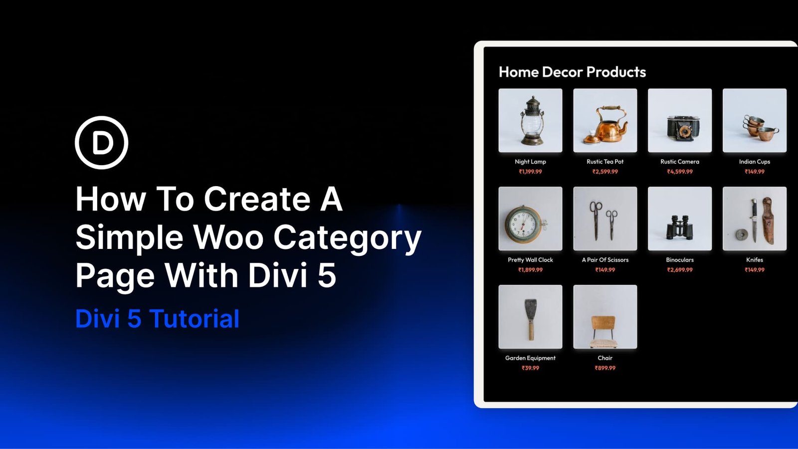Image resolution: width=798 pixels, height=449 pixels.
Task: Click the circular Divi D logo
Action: point(102,143)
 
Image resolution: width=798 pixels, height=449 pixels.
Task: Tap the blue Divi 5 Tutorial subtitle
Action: point(157,319)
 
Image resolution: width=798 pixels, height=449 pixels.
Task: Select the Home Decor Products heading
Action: point(572,72)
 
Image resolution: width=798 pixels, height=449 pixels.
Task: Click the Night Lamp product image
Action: point(530,120)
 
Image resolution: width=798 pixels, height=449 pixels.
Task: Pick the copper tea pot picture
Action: point(605,120)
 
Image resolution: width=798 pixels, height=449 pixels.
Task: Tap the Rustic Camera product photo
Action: point(680,120)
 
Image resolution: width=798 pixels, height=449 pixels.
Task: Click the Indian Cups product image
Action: point(755,120)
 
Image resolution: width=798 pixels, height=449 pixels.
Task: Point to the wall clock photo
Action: point(530,219)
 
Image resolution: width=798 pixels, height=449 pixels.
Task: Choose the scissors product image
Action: point(605,219)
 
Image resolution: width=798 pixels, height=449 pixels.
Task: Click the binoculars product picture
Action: point(680,219)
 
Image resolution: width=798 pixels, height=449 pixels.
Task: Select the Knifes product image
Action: point(755,219)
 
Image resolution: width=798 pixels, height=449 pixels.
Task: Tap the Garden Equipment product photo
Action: point(530,317)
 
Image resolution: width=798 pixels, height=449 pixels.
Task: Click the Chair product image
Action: point(605,317)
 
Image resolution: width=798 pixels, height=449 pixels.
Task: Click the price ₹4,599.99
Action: point(680,172)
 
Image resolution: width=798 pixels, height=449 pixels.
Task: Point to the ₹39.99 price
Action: point(530,368)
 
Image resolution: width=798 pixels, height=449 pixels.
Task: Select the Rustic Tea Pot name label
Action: point(605,162)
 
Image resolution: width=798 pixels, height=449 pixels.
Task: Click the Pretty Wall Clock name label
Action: point(530,260)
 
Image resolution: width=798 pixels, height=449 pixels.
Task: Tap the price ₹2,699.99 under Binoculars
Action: point(680,270)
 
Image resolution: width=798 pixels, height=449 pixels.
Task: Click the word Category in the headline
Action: point(347,238)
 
